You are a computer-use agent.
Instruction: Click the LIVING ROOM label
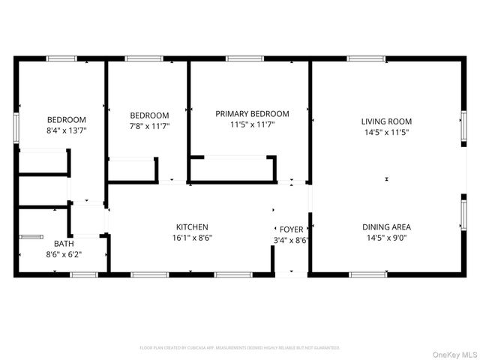[x=386, y=121]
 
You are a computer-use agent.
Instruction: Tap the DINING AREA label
[x=386, y=227]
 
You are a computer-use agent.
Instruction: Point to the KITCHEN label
[x=192, y=227]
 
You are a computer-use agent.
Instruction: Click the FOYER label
[x=291, y=229]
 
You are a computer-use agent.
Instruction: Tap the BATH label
[x=64, y=244]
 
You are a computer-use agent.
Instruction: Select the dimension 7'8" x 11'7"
[x=149, y=126]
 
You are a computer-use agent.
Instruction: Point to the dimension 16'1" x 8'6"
[x=192, y=238]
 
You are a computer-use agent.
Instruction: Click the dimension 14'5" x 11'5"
[x=386, y=132]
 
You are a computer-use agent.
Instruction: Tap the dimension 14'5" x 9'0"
[x=386, y=238]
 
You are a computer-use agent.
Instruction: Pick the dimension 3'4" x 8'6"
[x=291, y=240]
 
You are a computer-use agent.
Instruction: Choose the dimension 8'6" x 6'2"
[x=64, y=255]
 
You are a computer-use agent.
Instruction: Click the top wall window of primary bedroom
[x=239, y=58]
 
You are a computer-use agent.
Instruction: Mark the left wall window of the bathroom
[x=31, y=238]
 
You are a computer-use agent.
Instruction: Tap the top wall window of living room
[x=366, y=58]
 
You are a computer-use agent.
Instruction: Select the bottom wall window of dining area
[x=368, y=274]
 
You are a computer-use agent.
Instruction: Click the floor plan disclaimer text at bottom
[x=240, y=348]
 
